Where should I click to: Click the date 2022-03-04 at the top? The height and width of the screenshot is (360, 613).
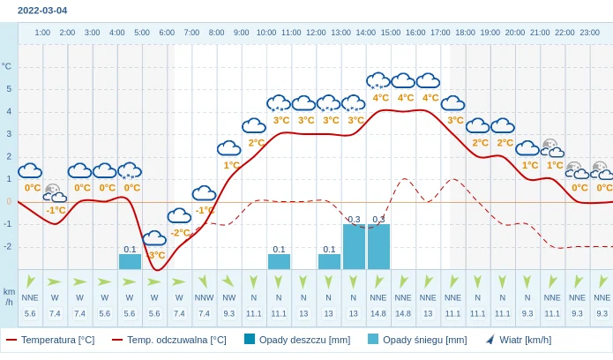[42, 11]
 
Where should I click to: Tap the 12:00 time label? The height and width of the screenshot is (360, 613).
[316, 33]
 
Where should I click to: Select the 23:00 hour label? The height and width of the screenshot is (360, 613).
[589, 33]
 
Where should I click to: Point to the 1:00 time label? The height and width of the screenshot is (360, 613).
[42, 33]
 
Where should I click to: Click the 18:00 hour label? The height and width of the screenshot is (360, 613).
[465, 33]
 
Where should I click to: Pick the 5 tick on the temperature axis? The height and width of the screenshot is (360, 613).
[9, 88]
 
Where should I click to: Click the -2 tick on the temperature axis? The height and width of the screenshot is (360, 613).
[8, 246]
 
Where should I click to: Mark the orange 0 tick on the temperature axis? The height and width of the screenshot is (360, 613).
[9, 201]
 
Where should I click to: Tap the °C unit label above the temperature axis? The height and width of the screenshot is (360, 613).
[7, 66]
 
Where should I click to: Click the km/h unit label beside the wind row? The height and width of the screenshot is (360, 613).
[9, 296]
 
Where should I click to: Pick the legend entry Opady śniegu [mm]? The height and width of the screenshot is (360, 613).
[424, 340]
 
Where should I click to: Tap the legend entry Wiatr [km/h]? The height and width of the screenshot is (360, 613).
[525, 340]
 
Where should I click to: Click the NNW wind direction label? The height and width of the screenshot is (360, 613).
[204, 297]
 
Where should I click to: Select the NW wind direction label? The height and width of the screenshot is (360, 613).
[228, 297]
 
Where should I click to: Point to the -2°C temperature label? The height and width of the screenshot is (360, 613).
[180, 233]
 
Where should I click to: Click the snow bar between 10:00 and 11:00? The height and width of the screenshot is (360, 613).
[279, 262]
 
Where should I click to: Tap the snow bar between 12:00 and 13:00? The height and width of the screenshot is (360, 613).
[329, 262]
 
